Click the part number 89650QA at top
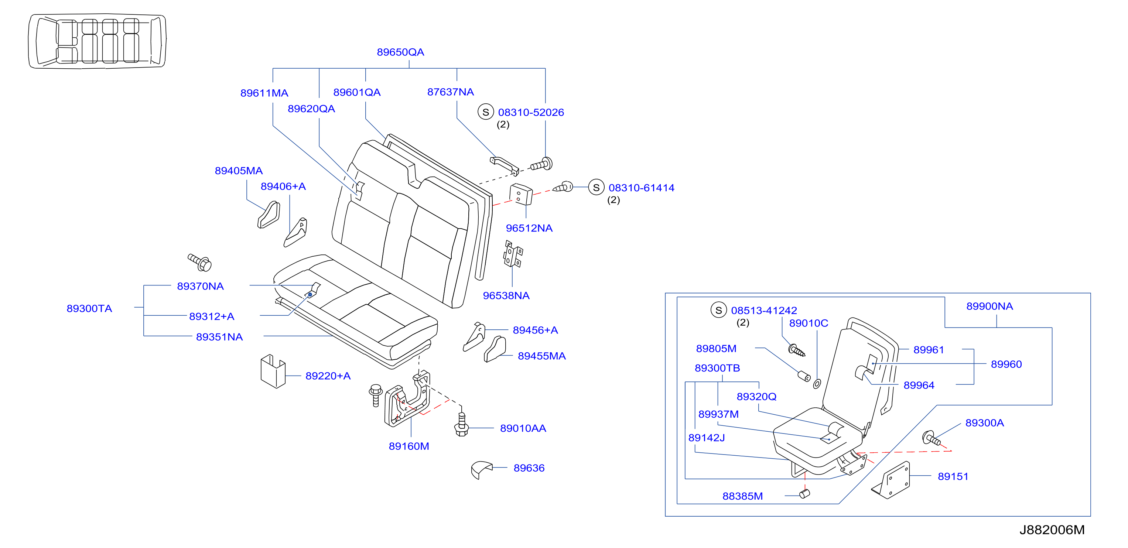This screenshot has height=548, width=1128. (x=400, y=52)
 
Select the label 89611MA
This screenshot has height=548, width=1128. (x=264, y=93)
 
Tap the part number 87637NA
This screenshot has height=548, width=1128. (x=450, y=92)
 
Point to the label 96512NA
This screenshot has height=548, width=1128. (x=529, y=228)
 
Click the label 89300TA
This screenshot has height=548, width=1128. (x=89, y=309)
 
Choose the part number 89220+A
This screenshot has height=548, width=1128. (x=328, y=376)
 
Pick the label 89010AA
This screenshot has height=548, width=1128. (x=523, y=428)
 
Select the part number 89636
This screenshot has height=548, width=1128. (x=529, y=468)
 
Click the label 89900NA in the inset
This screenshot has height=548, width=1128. (x=989, y=306)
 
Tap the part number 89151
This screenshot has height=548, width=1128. (x=953, y=477)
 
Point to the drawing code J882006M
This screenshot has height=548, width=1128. (x=1052, y=530)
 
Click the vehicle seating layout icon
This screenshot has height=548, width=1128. (x=97, y=41)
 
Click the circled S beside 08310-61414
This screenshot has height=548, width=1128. (x=596, y=187)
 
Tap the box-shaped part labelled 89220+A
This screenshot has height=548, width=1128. (x=273, y=371)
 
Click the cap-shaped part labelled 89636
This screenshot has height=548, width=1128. (x=481, y=469)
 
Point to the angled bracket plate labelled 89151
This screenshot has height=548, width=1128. (x=891, y=480)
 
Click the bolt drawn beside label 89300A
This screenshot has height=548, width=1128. (x=930, y=438)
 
